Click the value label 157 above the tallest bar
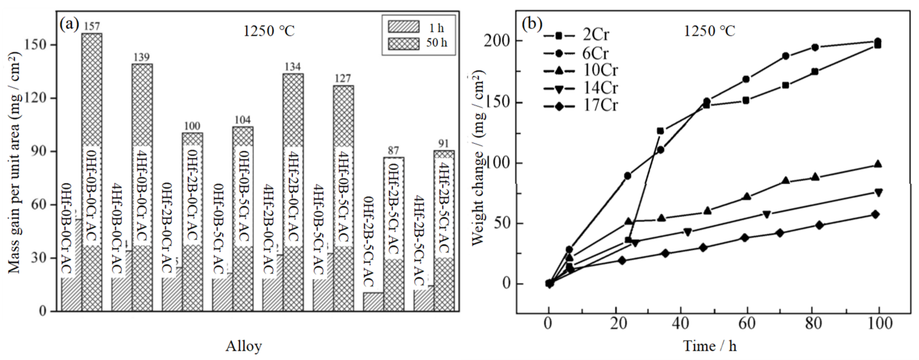coord(92,26)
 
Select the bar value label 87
coord(393,151)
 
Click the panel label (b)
coord(531,24)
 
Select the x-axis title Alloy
coord(244,346)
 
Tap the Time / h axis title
coord(710,346)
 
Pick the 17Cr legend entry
coord(599,106)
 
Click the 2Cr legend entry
coord(596,35)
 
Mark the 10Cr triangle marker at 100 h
coord(878,164)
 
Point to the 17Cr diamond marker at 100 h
coord(875,214)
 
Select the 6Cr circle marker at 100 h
coord(878,41)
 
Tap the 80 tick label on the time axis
coord(813,324)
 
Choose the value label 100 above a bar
coord(192,126)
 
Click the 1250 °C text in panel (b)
coord(709,31)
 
